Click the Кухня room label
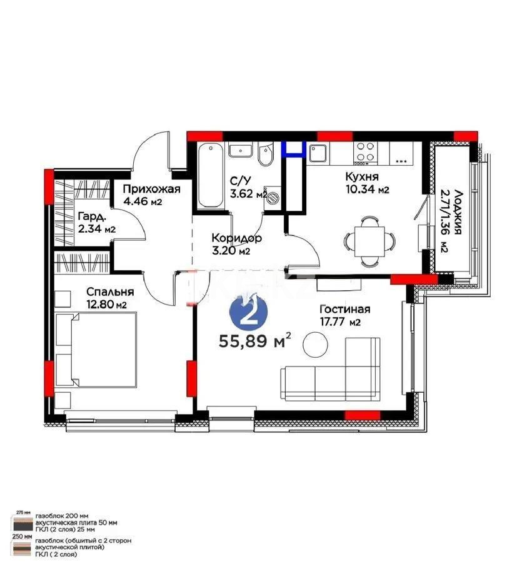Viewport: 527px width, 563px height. tap(362, 176)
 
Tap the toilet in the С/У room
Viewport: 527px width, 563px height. tap(265, 155)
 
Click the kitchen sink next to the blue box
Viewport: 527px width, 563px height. tap(318, 153)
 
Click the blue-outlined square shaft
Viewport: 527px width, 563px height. tap(293, 148)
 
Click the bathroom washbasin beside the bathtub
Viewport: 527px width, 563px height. tap(239, 151)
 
